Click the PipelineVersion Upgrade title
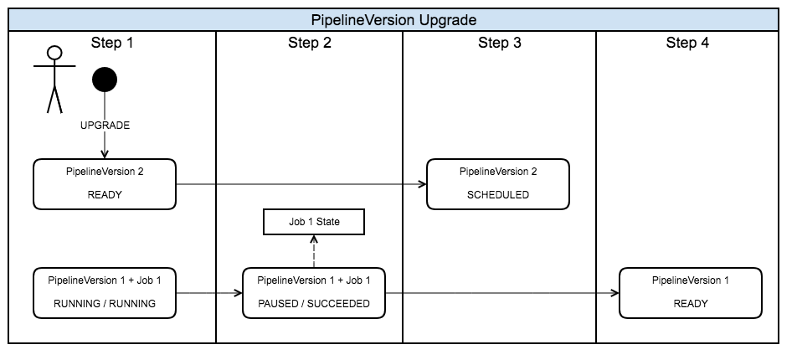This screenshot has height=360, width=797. point(393,19)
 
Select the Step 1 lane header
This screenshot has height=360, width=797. point(111,44)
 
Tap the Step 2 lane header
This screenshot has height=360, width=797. point(310,44)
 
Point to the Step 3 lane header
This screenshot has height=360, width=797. point(499,44)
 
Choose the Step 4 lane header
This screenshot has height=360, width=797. point(687,44)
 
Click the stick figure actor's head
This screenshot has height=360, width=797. point(54,54)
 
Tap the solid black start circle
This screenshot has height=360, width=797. point(105,80)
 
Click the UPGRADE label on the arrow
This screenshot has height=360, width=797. point(105,126)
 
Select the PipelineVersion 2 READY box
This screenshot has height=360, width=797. point(105,183)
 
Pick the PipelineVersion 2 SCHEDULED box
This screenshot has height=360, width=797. point(498,183)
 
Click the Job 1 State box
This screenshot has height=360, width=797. point(314,222)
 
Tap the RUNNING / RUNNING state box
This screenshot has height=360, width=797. point(105,293)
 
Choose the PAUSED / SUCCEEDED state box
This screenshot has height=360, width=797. point(314,293)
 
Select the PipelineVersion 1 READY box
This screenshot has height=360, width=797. point(691,293)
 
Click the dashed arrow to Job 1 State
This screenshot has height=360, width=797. point(314,250)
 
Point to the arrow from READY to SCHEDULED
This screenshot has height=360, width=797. point(301,184)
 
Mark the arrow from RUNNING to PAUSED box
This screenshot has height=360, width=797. point(209,293)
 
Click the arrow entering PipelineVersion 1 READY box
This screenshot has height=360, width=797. point(502,293)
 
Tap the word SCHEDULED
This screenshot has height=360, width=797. point(498,195)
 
